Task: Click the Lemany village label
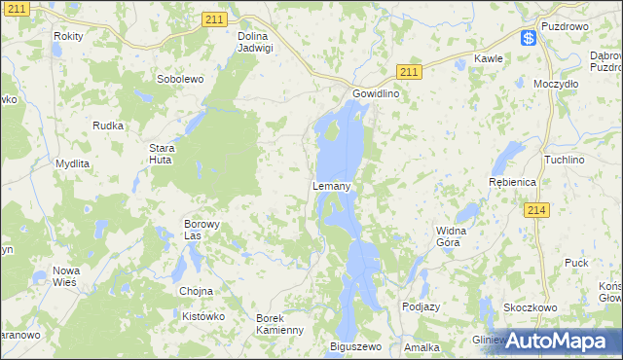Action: [331, 185]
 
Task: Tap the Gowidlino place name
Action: [375, 93]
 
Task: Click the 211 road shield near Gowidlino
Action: [409, 71]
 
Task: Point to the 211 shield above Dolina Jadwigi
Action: [215, 18]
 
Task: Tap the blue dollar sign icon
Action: [529, 38]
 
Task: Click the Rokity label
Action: [69, 35]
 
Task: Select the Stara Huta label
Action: [161, 155]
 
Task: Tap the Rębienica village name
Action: [512, 182]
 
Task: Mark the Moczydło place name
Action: [557, 84]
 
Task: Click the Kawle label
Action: [488, 58]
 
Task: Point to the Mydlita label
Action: [71, 163]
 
